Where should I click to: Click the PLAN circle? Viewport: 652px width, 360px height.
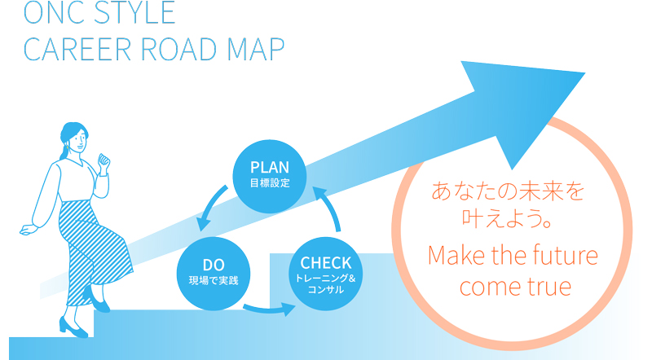pos(270,177)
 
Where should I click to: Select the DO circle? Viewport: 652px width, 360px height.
pos(214,274)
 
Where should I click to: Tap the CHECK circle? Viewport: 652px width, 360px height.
pos(325,274)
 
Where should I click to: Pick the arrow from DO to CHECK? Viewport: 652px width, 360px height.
pos(271,310)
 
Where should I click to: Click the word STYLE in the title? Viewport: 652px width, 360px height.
pos(134,12)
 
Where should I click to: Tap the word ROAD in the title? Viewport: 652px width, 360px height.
pos(179,49)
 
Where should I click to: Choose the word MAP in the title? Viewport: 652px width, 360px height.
pos(256,49)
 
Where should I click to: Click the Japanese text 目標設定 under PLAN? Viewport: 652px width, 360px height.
pos(270,183)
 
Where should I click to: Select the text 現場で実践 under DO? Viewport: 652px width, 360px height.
pos(214,281)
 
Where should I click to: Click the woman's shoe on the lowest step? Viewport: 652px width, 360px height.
pos(73,327)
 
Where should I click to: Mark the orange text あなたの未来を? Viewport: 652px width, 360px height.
pos(508,191)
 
